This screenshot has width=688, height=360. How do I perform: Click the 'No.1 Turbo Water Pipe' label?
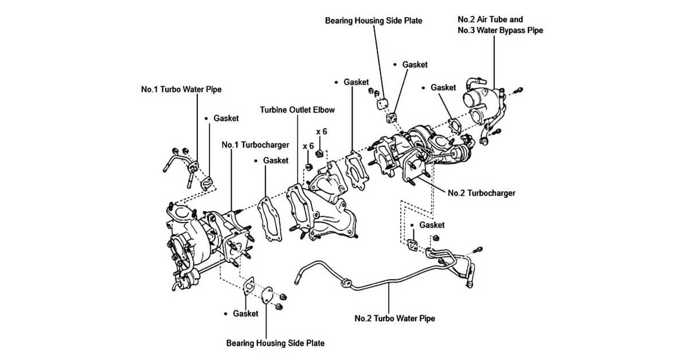click(181, 90)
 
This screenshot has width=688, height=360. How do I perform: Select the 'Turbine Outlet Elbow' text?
click(297, 109)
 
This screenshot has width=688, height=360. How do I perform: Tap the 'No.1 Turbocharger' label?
click(255, 145)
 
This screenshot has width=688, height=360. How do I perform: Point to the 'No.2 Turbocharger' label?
click(482, 193)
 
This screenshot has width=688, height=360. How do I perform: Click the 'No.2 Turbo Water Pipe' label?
click(394, 318)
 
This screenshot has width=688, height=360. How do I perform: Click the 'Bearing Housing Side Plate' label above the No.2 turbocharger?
click(373, 21)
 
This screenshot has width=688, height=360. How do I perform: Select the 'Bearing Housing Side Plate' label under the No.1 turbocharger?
click(275, 343)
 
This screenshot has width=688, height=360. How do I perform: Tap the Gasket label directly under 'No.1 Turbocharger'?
click(275, 161)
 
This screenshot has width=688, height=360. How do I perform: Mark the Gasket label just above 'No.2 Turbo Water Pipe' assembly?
click(431, 225)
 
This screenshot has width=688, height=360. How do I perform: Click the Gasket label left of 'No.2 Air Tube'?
click(443, 88)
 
